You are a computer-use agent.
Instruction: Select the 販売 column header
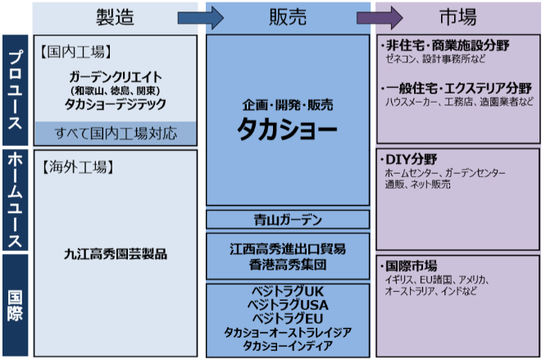287,16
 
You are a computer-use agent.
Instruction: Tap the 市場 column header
457,16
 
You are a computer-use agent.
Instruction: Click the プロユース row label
15,89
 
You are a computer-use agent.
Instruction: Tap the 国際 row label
15,304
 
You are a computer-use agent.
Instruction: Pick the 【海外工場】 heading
71,166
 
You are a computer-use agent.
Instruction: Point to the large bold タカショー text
287,129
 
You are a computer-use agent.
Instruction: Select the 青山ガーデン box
287,219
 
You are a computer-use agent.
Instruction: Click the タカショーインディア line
287,346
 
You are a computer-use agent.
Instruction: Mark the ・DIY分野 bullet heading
407,159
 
